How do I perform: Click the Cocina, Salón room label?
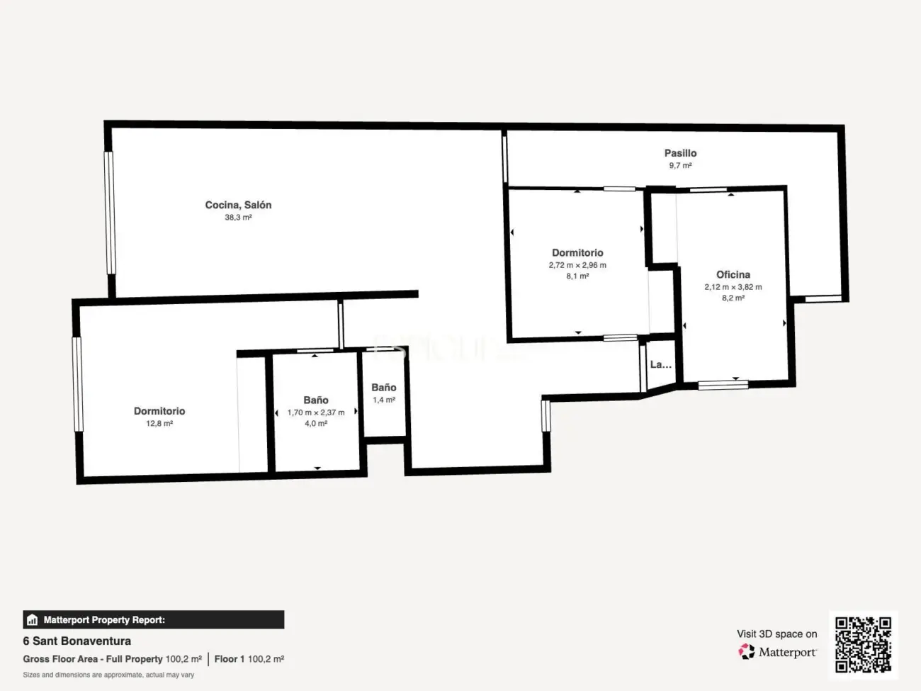tap(238, 205)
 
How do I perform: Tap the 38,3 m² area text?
tap(238, 218)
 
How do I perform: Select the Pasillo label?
tap(680, 153)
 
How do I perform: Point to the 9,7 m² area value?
tap(680, 166)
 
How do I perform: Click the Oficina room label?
tap(733, 274)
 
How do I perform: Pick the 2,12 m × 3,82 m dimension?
tap(733, 287)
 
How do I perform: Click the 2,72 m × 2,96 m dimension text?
tap(577, 265)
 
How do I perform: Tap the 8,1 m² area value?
tap(577, 276)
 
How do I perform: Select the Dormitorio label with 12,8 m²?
tap(159, 411)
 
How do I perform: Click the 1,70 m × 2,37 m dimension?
tap(316, 412)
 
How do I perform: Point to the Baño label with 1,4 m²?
tap(384, 388)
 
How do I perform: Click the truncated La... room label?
tap(660, 364)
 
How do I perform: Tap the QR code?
tap(863, 644)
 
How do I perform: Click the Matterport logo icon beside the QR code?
tap(746, 652)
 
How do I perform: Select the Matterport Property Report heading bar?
tap(153, 619)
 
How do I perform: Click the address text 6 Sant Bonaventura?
tap(77, 641)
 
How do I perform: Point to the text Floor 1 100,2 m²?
tap(249, 659)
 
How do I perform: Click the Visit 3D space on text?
tap(776, 634)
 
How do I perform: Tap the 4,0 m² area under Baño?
tap(316, 424)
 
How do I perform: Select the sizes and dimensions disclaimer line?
tap(108, 675)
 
